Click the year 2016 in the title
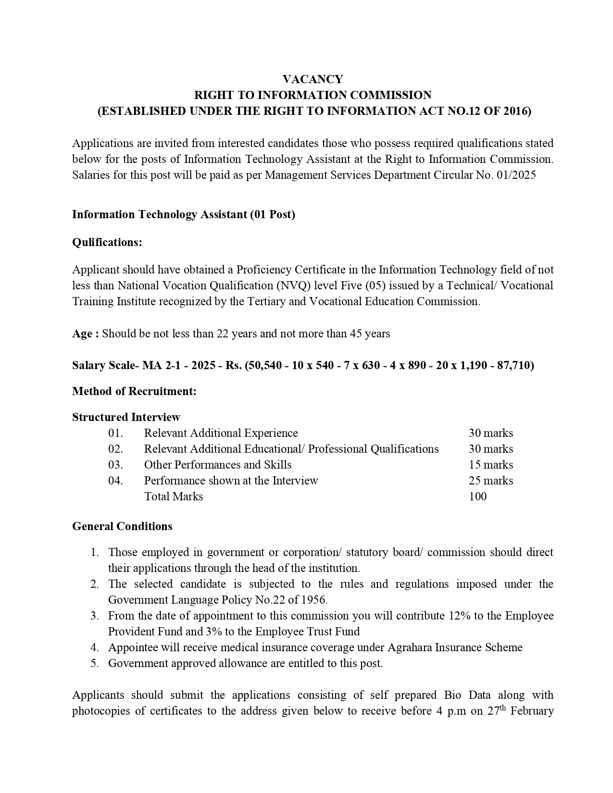point(516,111)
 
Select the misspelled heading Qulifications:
point(107,242)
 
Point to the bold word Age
point(82,334)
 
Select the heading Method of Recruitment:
point(134,391)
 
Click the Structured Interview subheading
point(126,417)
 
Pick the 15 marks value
point(490,465)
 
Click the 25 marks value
point(490,481)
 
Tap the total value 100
point(477,496)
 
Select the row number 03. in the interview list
point(115,465)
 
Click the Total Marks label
point(174,496)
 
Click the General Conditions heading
point(122,526)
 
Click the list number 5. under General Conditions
point(94,663)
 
